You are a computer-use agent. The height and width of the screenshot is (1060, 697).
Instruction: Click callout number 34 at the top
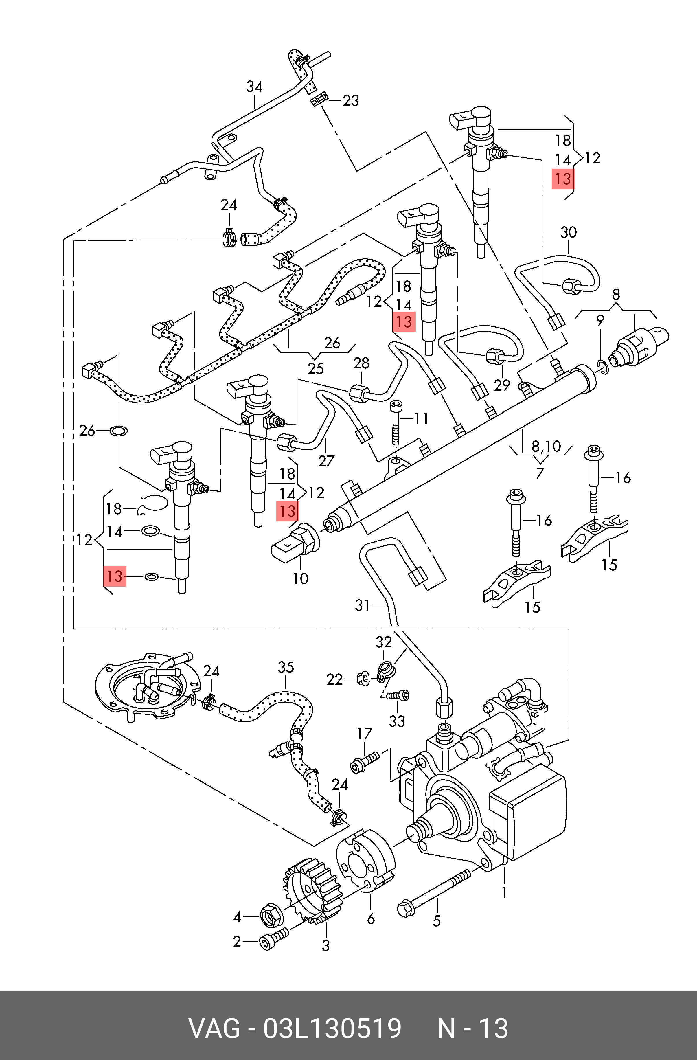(x=254, y=87)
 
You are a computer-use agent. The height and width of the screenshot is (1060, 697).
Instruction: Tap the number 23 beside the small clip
(x=350, y=101)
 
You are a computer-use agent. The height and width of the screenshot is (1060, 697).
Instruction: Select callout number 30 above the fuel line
(x=568, y=232)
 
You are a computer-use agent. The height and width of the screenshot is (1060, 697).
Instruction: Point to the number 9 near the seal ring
(x=600, y=320)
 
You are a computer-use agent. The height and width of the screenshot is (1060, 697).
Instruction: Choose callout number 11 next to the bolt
(x=421, y=419)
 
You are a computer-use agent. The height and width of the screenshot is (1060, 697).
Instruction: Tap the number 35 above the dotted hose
(x=286, y=667)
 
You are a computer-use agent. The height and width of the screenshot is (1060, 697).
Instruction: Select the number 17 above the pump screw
(x=364, y=733)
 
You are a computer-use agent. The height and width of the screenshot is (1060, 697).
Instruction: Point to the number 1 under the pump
(x=504, y=892)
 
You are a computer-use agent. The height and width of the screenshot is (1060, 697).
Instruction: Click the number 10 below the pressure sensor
(x=300, y=578)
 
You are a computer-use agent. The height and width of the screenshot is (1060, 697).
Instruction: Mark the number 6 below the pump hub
(x=371, y=918)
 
